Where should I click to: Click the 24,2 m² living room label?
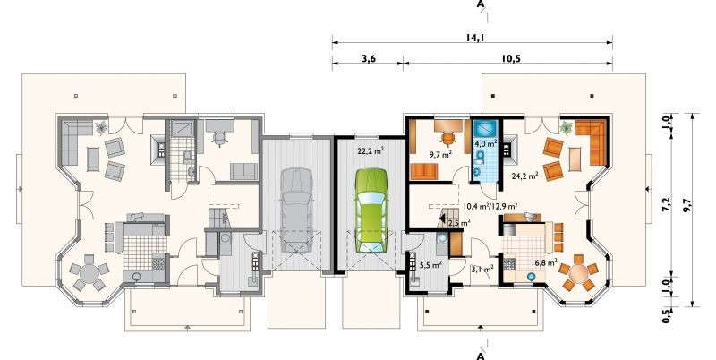point(527,175)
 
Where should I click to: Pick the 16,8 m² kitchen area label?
point(544,262)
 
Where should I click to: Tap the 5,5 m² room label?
point(430,264)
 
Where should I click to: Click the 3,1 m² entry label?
point(482,269)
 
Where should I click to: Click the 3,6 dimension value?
point(368,58)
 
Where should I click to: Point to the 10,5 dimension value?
point(512,58)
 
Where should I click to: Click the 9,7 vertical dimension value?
point(686,209)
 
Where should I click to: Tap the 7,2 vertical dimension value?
point(667,205)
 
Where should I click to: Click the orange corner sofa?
point(592,141)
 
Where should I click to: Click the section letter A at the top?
point(481,4)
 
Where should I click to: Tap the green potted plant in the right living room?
point(567,127)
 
